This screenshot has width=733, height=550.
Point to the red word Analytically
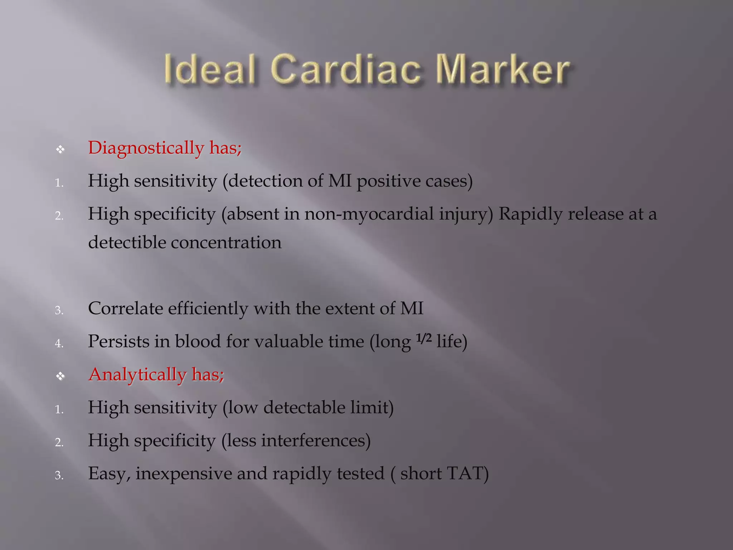[x=137, y=375]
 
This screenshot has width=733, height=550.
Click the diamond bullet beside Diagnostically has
[x=60, y=149]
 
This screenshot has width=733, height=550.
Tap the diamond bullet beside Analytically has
[x=60, y=376]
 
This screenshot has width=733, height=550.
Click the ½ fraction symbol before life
[x=424, y=338]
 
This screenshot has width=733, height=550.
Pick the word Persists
[x=118, y=341]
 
